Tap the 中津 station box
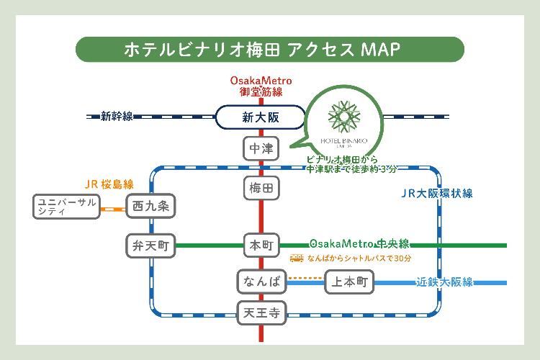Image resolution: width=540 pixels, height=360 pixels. point(261,149)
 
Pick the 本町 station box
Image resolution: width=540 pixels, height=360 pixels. point(261,246)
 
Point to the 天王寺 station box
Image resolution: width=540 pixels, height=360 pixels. point(261,312)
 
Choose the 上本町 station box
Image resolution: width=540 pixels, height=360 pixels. point(351,282)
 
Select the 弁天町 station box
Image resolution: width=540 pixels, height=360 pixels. point(150,246)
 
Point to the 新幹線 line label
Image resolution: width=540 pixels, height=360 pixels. point(117,116)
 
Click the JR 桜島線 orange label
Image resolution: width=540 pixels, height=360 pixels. point(109,184)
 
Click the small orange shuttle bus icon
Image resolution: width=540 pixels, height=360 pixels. point(296,258)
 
